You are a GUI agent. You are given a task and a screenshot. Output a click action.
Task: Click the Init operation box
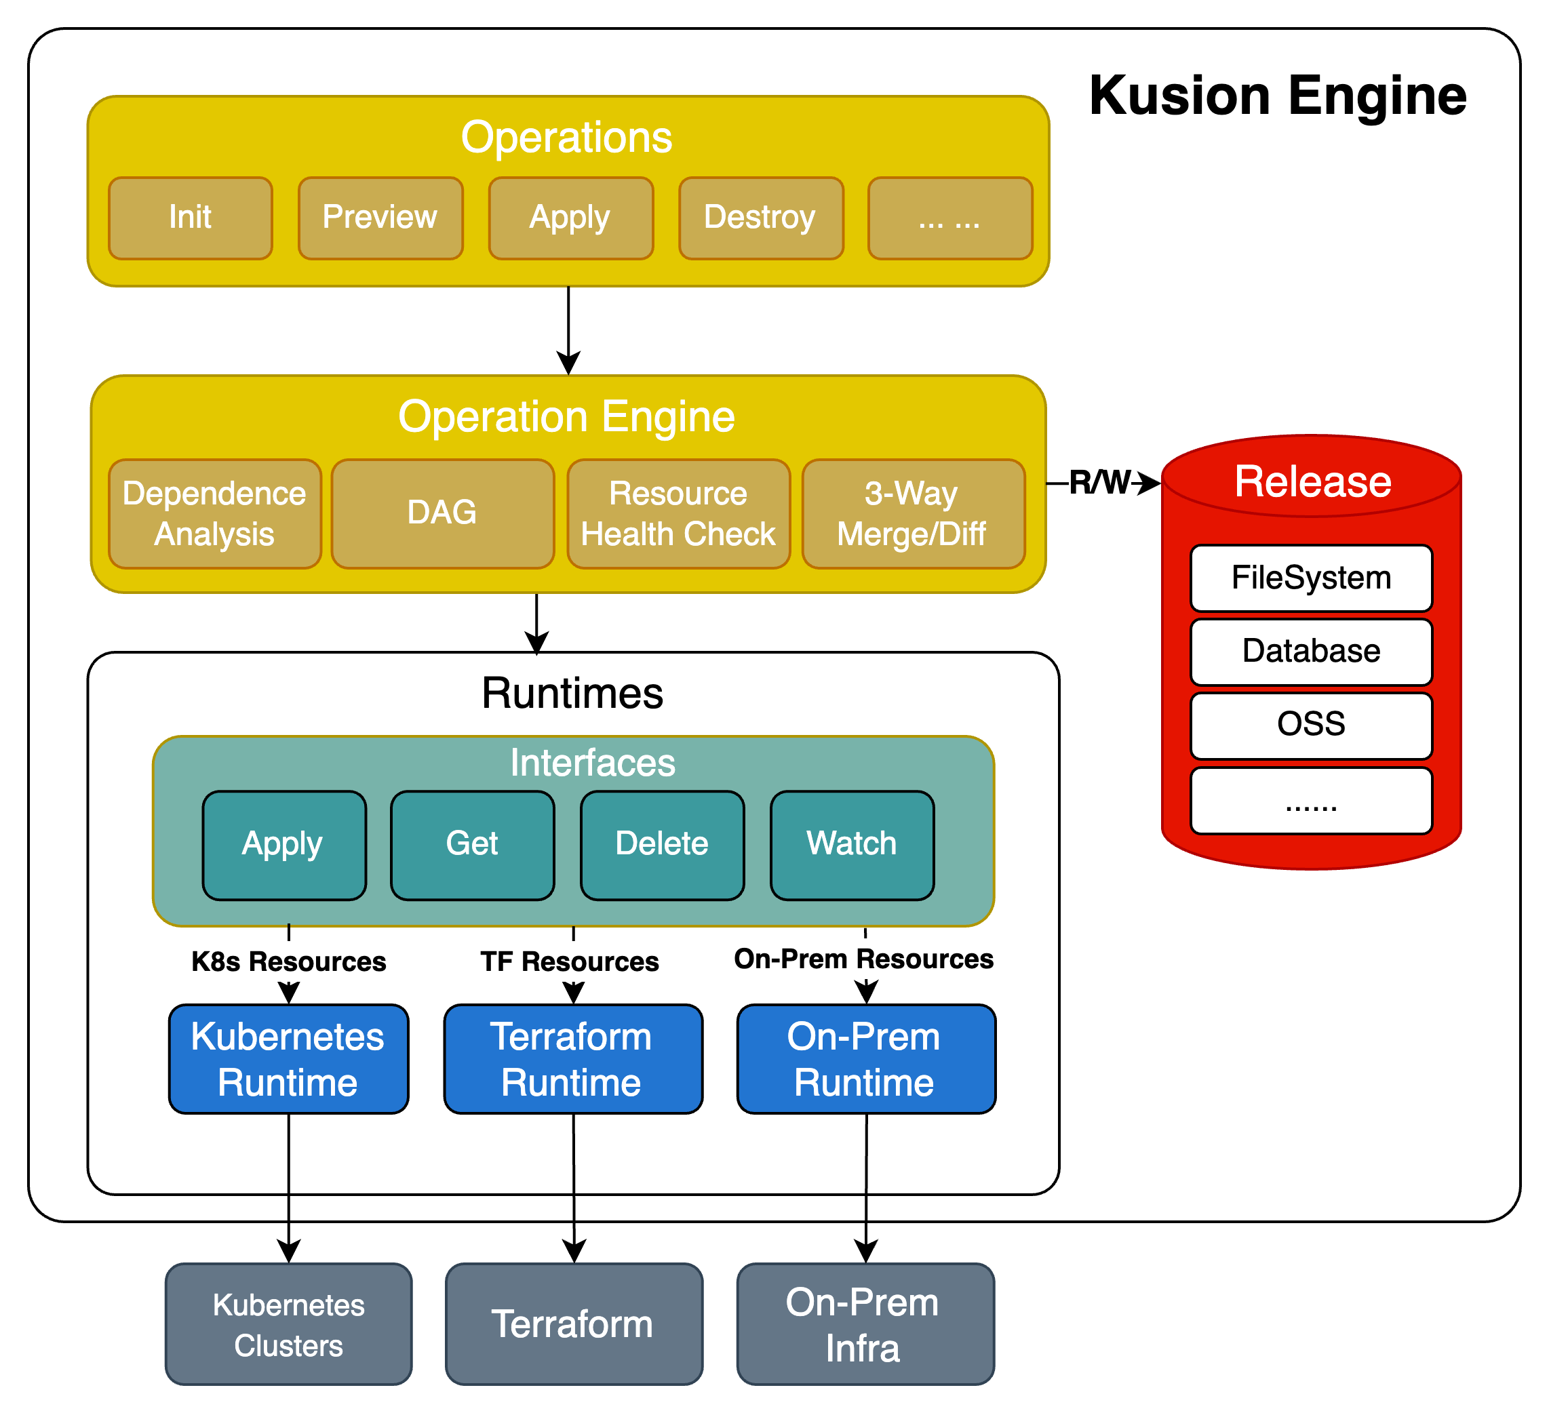pyautogui.click(x=191, y=218)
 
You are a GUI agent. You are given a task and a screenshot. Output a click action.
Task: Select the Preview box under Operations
pyautogui.click(x=380, y=218)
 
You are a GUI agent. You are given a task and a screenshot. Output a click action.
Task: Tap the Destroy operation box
pyautogui.click(x=761, y=218)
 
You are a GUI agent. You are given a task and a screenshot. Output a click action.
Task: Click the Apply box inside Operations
pyautogui.click(x=570, y=218)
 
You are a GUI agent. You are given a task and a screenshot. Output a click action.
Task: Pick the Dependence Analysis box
pyautogui.click(x=214, y=514)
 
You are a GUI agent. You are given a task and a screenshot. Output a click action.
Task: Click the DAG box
pyautogui.click(x=443, y=514)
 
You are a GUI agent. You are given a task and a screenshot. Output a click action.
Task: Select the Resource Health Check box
pyautogui.click(x=678, y=514)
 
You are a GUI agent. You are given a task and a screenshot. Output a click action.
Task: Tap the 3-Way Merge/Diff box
pyautogui.click(x=913, y=514)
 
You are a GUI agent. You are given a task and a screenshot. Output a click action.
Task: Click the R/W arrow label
pyautogui.click(x=1099, y=483)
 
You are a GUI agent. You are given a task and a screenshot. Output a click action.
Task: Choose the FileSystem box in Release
pyautogui.click(x=1311, y=578)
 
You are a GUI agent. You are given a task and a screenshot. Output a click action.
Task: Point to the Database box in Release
pyautogui.click(x=1311, y=652)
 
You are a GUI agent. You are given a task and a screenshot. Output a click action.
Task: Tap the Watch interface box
pyautogui.click(x=851, y=844)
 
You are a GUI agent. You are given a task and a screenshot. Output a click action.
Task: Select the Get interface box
pyautogui.click(x=472, y=844)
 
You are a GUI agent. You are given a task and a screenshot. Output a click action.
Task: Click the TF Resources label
pyautogui.click(x=570, y=961)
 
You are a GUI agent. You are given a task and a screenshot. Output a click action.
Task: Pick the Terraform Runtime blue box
pyautogui.click(x=572, y=1059)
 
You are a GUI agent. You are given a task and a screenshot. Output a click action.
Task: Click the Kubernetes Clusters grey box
pyautogui.click(x=288, y=1325)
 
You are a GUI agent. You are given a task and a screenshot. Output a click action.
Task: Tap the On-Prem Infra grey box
pyautogui.click(x=865, y=1325)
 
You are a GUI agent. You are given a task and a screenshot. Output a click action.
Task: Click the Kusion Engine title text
pyautogui.click(x=1278, y=96)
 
